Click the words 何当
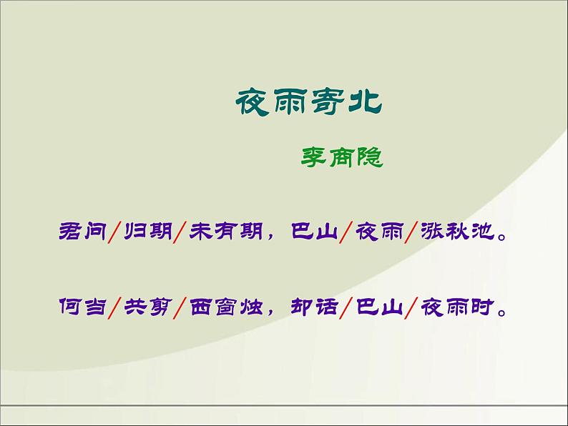point(81,309)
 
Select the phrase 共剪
point(147,309)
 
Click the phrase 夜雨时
point(458,309)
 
